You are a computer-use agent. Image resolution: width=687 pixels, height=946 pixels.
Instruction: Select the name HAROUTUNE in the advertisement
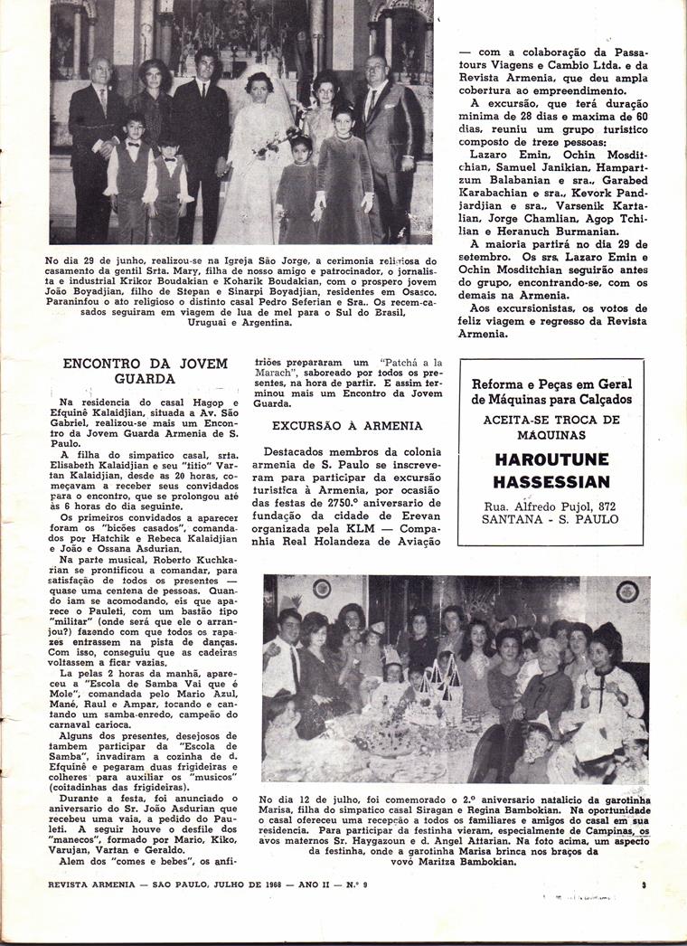(x=552, y=459)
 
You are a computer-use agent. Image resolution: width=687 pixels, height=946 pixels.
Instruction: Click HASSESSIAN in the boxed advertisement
(x=552, y=481)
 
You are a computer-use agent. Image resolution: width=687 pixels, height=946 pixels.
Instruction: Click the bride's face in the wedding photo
(x=260, y=90)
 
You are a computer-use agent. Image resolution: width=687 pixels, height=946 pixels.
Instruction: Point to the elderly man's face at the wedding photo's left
(x=100, y=73)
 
